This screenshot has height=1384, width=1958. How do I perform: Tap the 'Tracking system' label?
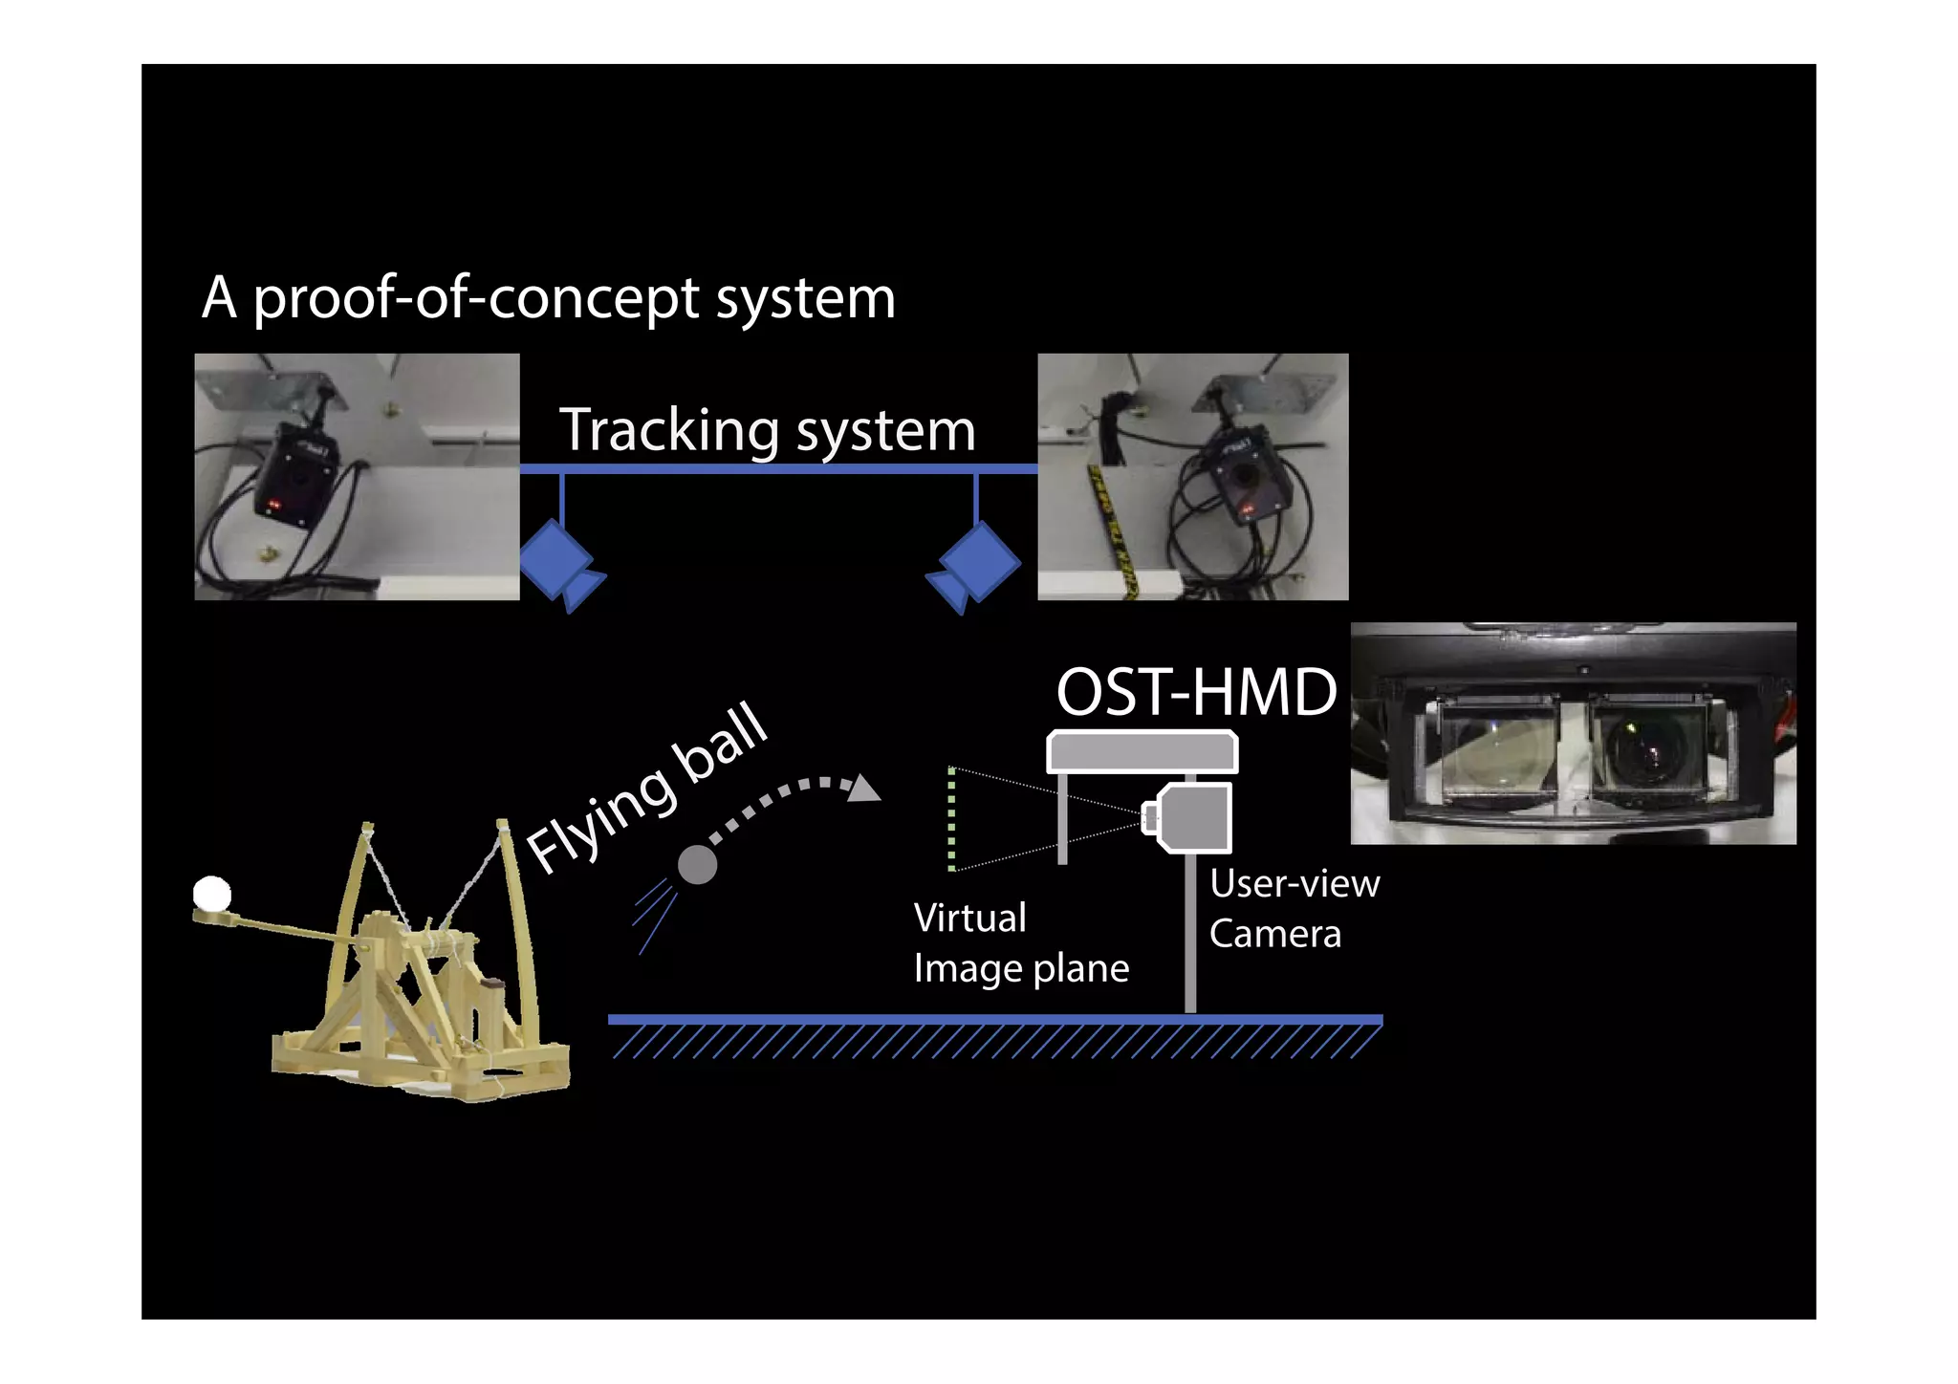(x=767, y=430)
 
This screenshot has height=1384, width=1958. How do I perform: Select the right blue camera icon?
(x=976, y=563)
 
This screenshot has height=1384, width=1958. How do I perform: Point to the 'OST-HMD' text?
(x=1195, y=692)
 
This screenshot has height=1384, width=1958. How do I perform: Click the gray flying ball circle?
(x=697, y=865)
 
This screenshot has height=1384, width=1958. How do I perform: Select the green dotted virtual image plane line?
(x=951, y=819)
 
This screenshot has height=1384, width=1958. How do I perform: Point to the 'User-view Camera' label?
(x=1293, y=908)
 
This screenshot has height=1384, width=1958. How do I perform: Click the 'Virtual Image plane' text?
(x=1019, y=943)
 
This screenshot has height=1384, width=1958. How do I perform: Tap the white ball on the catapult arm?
(x=211, y=894)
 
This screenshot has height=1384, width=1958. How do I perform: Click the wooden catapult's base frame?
(x=421, y=1061)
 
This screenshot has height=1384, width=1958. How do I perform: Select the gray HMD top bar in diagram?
(x=1142, y=751)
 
